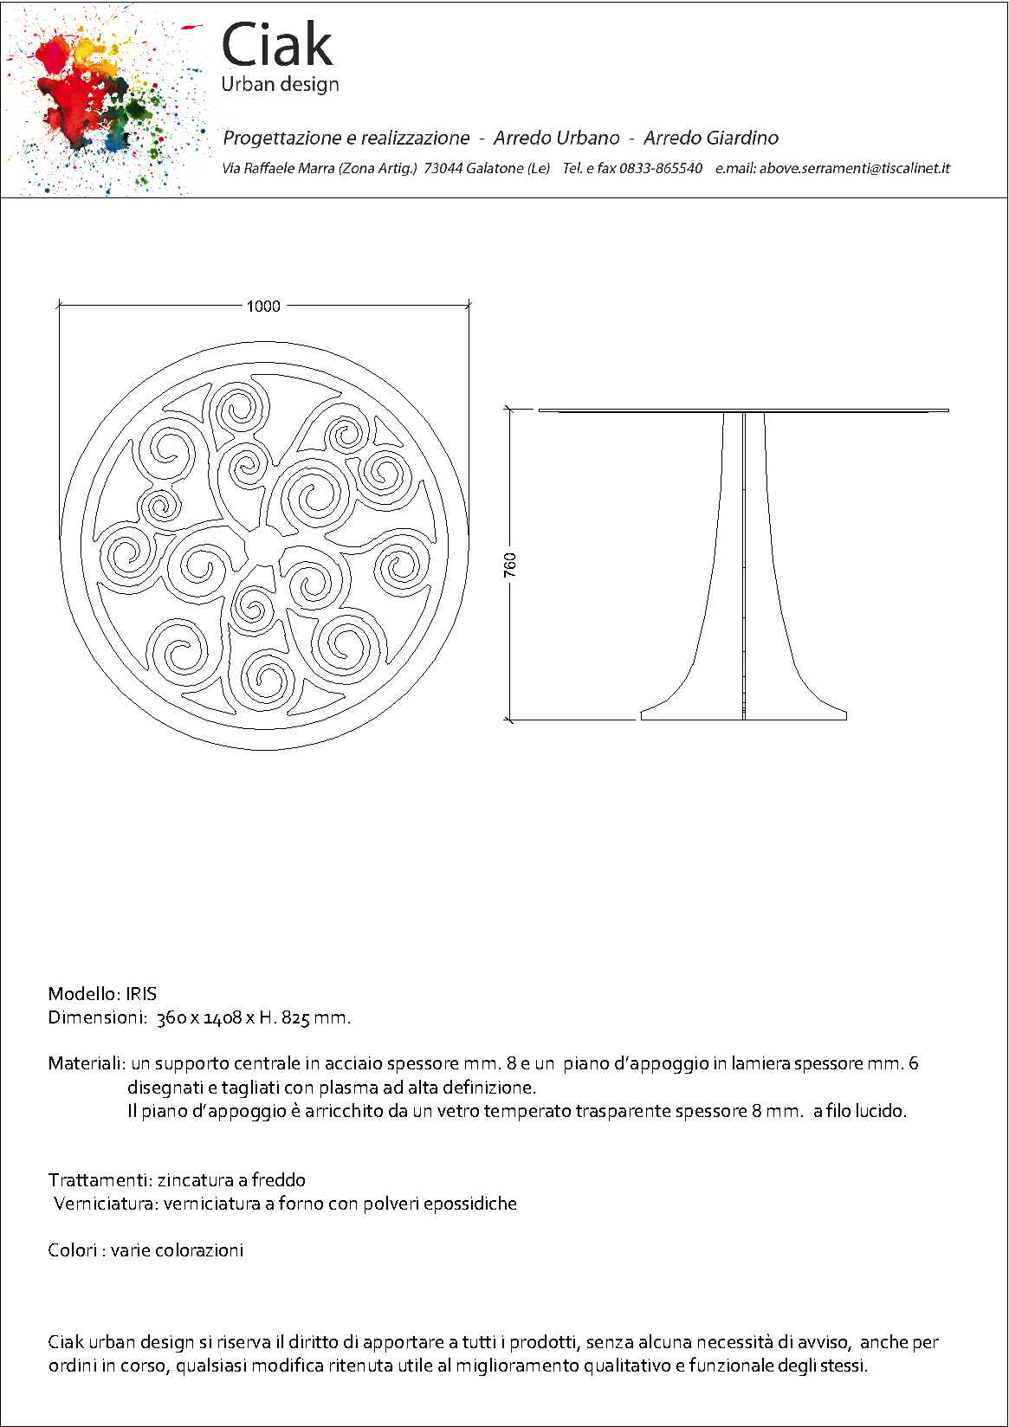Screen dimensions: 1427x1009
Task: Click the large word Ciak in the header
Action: pyautogui.click(x=277, y=45)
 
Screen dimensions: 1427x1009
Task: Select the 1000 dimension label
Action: pyautogui.click(x=263, y=306)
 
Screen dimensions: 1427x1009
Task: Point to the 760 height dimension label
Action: pyautogui.click(x=510, y=565)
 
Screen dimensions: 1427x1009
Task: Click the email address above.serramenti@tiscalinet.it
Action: pyautogui.click(x=854, y=168)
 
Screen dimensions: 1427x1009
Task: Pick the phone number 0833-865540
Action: pyautogui.click(x=660, y=168)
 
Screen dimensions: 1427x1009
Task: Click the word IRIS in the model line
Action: pyautogui.click(x=141, y=994)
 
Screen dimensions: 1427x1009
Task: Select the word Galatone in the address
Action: pyautogui.click(x=495, y=168)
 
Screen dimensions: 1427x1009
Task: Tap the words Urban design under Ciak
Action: pyautogui.click(x=280, y=85)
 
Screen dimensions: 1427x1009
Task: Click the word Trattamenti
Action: pyautogui.click(x=100, y=1180)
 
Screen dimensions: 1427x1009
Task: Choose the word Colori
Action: pyautogui.click(x=72, y=1250)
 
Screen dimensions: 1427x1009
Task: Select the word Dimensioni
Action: pyautogui.click(x=96, y=1017)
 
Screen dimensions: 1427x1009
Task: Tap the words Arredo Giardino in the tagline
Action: pyautogui.click(x=710, y=138)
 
